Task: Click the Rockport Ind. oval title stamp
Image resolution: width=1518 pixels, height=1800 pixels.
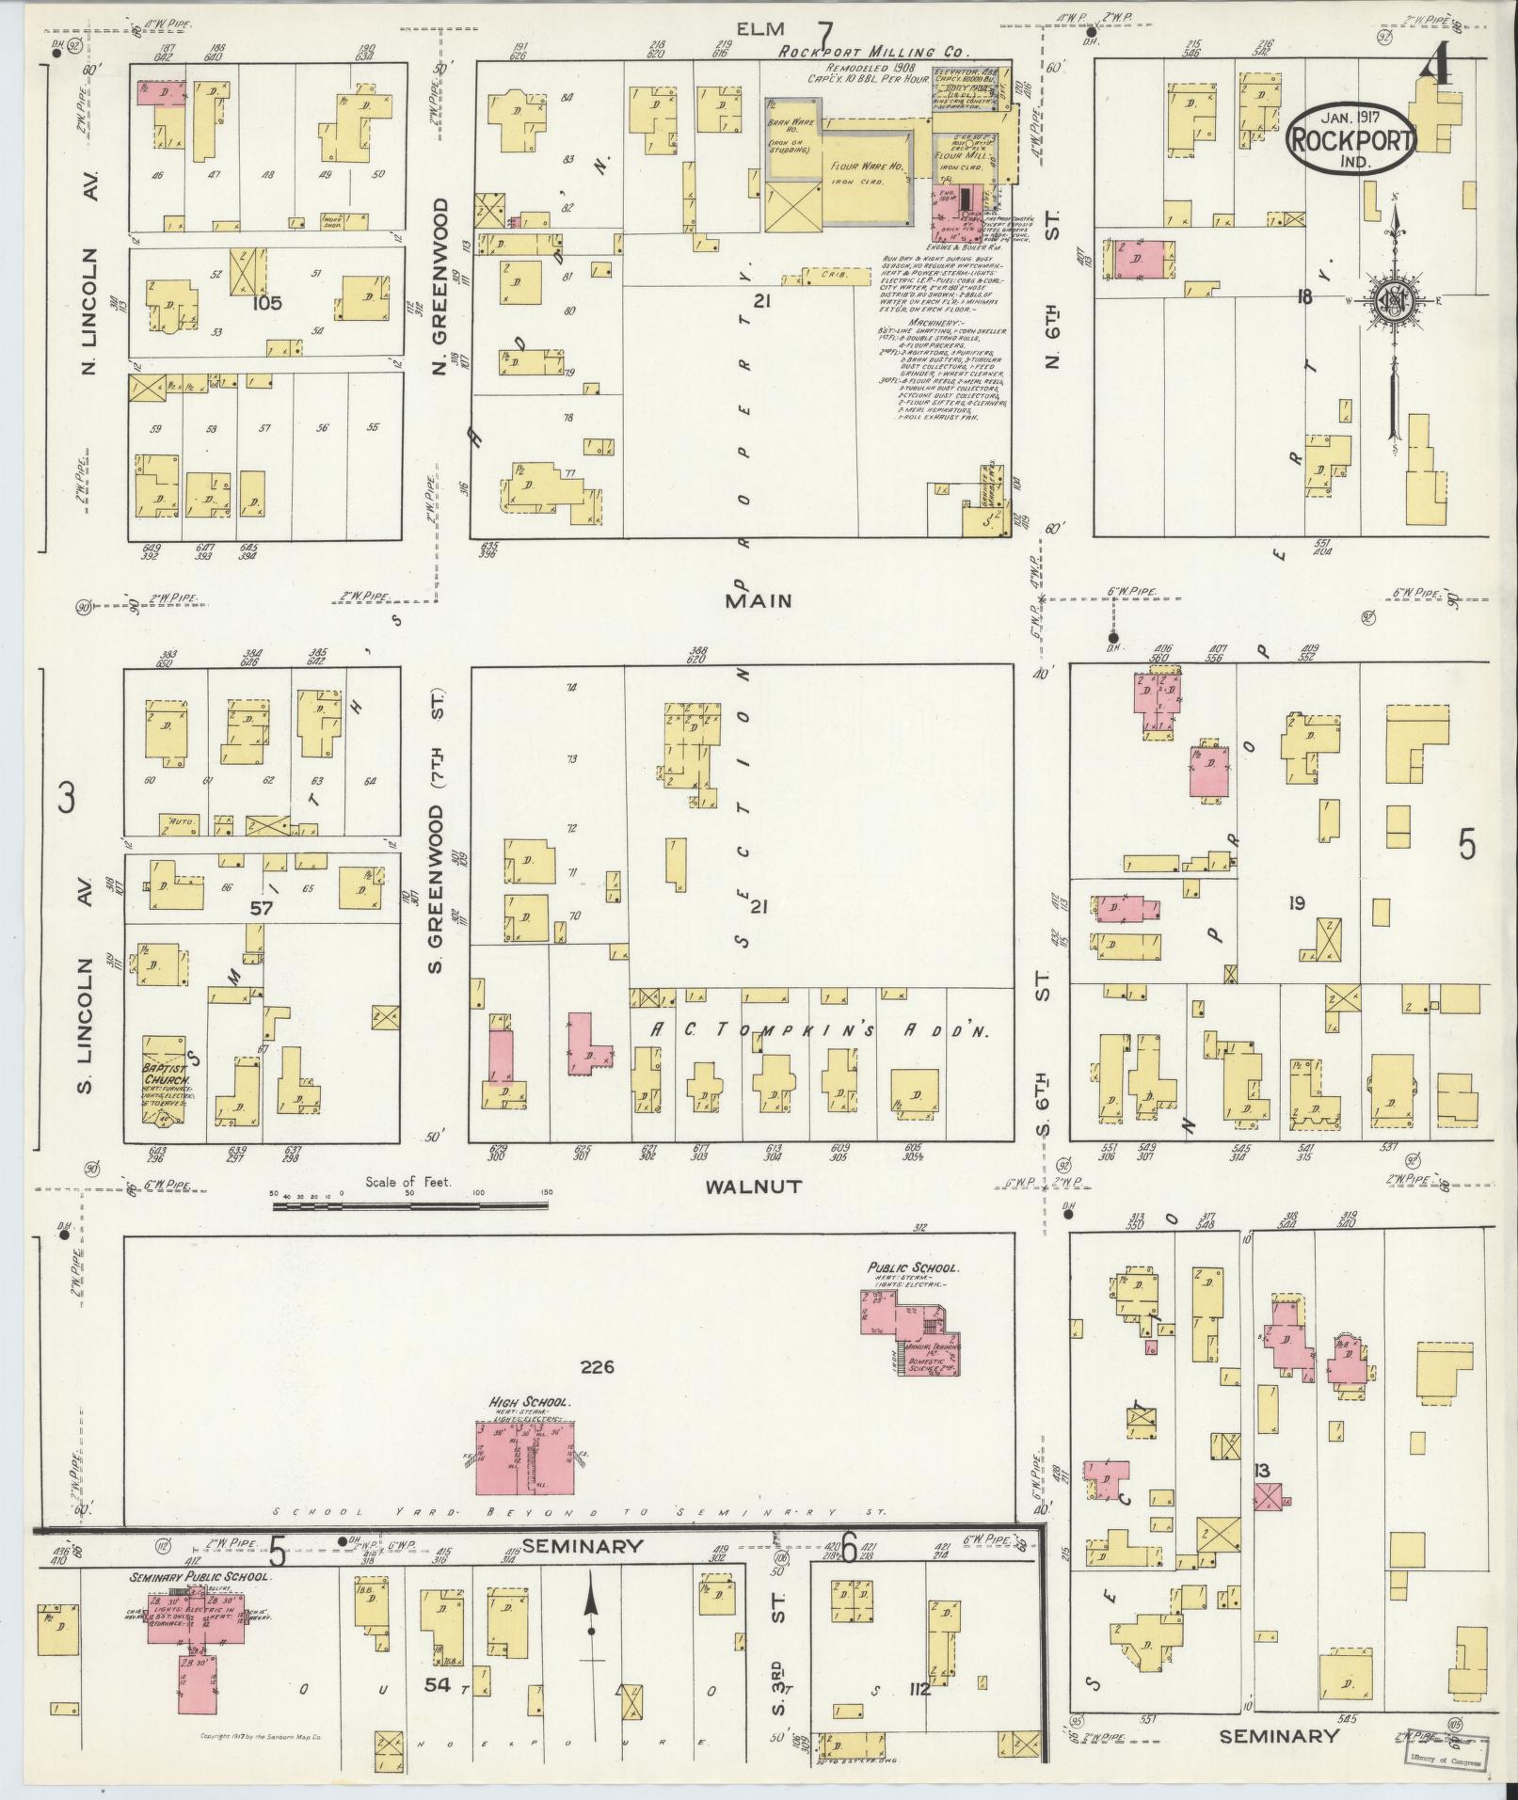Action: tap(1350, 137)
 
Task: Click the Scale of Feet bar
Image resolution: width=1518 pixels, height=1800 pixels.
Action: tap(411, 1203)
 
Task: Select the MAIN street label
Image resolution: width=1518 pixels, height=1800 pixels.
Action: tap(759, 600)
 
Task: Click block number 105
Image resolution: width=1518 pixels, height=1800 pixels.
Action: tap(267, 304)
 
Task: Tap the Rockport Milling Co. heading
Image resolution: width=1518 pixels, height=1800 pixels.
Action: tap(872, 54)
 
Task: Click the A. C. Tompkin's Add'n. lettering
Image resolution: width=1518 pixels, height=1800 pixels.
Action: tap(819, 1031)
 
